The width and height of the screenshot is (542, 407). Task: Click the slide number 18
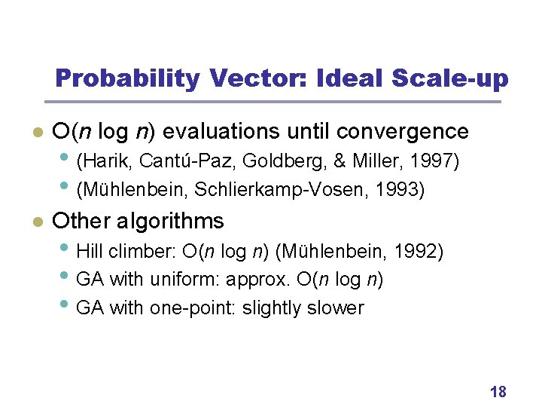point(498,391)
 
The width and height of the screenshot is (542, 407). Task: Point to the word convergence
point(403,132)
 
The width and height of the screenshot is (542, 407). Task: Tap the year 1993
point(403,190)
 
